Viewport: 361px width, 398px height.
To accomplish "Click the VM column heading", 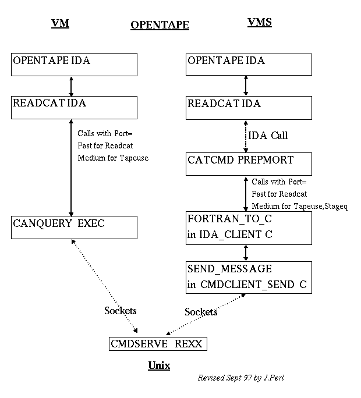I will coord(60,24).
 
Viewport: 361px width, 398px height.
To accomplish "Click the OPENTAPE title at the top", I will coord(160,25).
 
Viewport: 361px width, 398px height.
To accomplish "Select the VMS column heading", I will coord(260,23).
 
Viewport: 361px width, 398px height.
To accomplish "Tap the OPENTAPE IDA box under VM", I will coord(75,65).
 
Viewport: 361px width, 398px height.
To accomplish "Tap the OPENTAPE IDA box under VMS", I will coord(249,65).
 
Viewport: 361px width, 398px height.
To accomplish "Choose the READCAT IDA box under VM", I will coord(75,108).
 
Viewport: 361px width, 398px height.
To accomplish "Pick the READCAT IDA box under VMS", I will coord(249,108).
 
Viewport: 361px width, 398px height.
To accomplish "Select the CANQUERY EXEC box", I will coord(75,227).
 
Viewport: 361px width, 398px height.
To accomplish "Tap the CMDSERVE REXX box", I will coord(158,344).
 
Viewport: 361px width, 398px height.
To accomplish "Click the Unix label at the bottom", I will coord(158,365).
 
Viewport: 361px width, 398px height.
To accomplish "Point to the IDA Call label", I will coord(268,136).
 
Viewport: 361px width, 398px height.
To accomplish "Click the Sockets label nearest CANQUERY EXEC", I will coord(121,310).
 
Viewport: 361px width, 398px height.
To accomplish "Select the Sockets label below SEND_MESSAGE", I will coord(201,312).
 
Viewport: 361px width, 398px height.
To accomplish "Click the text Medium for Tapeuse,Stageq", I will coord(299,205).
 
